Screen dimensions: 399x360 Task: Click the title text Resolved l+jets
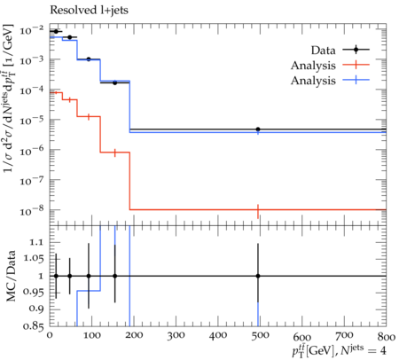click(89, 10)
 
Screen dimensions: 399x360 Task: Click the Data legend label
click(324, 51)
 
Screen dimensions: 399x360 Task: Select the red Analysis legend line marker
click(356, 65)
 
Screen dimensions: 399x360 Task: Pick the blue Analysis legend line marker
click(356, 80)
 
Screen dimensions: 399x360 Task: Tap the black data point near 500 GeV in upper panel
click(258, 129)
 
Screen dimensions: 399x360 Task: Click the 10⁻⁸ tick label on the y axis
click(32, 210)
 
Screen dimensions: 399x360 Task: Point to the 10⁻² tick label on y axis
click(32, 29)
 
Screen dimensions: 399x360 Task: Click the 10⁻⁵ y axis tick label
click(32, 120)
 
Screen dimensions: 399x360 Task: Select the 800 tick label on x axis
click(387, 336)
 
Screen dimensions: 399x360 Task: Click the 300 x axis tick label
click(176, 336)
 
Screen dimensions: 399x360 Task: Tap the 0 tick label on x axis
click(50, 335)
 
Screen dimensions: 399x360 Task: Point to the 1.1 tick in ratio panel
click(37, 242)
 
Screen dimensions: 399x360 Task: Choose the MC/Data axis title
click(11, 276)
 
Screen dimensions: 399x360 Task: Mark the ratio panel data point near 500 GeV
click(258, 276)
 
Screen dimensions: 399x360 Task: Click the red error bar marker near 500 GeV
click(258, 211)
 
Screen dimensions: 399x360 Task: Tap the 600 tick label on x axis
click(302, 337)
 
